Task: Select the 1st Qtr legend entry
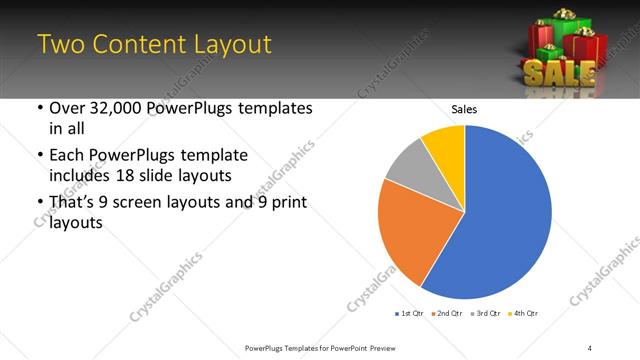coord(410,314)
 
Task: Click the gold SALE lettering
coord(559,72)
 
